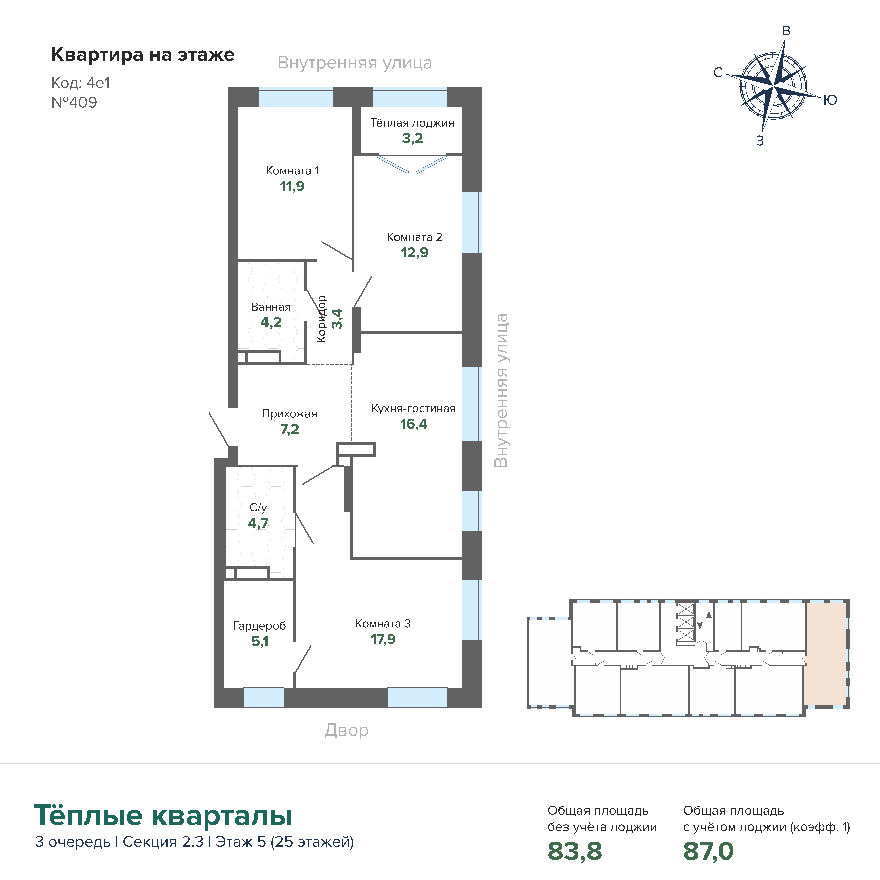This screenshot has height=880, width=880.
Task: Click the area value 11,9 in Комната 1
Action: click(292, 186)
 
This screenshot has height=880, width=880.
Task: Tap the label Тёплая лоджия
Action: click(412, 123)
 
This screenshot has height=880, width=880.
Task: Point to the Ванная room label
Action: click(271, 307)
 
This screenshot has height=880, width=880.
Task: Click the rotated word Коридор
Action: click(322, 319)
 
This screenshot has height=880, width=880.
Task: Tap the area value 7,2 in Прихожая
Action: click(290, 430)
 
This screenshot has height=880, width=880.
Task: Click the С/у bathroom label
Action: click(258, 507)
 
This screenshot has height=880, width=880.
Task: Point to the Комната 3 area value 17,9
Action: click(383, 639)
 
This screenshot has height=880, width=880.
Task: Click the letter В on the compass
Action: click(786, 31)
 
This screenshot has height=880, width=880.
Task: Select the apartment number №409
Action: click(74, 102)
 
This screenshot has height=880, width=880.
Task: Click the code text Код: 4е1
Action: click(81, 83)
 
